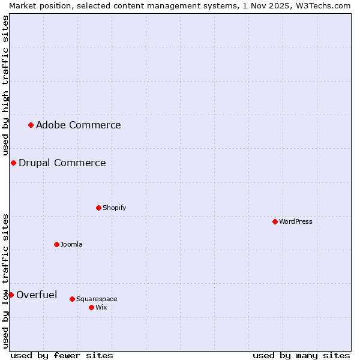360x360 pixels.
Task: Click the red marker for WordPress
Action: pos(275,221)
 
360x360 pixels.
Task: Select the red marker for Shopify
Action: pos(98,208)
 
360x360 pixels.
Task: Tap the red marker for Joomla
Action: pos(56,244)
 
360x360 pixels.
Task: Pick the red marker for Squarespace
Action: pos(72,299)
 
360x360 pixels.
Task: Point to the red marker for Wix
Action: pos(91,307)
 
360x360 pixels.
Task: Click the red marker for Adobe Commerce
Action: pos(31,125)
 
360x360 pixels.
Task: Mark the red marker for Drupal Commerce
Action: pos(13,163)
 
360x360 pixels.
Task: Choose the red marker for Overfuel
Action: pos(11,295)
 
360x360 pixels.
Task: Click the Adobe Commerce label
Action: pos(78,125)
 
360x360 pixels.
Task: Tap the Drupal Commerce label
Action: pos(62,163)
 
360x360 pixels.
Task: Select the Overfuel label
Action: pos(37,295)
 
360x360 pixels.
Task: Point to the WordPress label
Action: pos(295,221)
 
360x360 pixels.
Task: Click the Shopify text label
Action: pos(114,208)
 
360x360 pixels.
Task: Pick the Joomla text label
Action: pos(71,244)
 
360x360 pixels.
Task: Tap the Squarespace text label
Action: pos(97,299)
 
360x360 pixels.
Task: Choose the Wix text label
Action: pos(101,307)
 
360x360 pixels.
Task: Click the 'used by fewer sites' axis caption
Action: pos(62,355)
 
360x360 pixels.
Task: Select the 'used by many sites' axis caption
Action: pos(301,355)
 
